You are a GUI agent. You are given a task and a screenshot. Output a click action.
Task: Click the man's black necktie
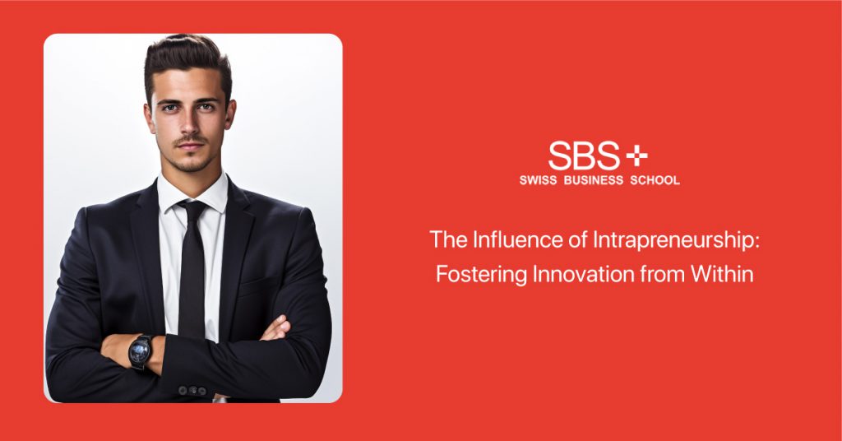click(192, 268)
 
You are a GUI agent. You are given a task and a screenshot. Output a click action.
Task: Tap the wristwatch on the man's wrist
click(140, 352)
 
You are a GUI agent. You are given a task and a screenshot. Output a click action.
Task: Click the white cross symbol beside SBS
click(637, 156)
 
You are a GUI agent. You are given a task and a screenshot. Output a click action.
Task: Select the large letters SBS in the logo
click(584, 156)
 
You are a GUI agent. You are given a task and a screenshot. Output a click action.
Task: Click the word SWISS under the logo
click(538, 180)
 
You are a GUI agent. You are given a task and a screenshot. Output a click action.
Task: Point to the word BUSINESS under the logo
click(594, 180)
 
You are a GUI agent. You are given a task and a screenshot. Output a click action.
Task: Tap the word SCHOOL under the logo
click(655, 180)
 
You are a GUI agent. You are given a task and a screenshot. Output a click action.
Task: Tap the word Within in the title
click(722, 274)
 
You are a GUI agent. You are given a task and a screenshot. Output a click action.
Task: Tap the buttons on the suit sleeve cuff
click(192, 391)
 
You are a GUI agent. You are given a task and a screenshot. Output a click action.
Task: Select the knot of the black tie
click(192, 210)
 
